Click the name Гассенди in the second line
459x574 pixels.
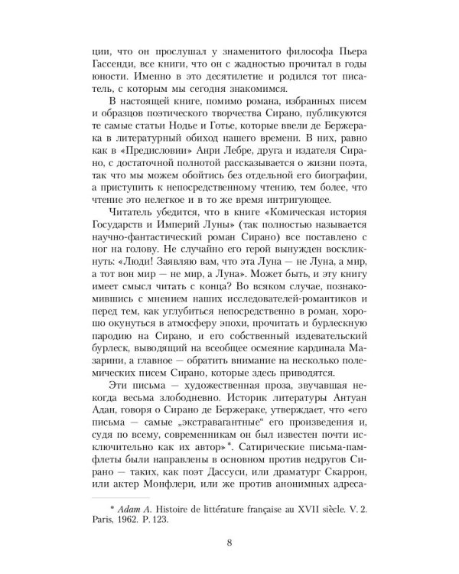coord(109,64)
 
